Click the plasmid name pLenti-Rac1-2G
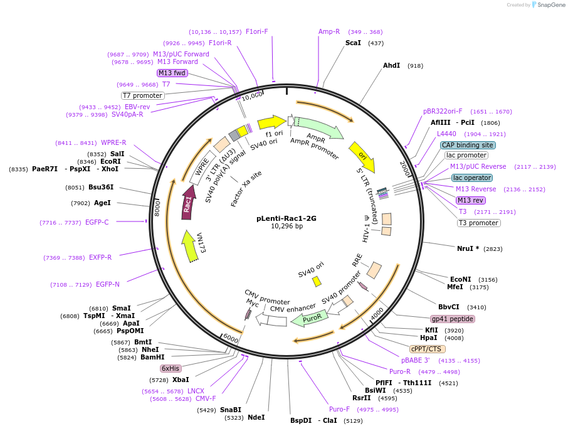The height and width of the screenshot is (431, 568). (287, 219)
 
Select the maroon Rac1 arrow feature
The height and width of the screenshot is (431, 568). (187, 203)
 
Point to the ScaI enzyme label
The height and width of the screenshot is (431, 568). (353, 43)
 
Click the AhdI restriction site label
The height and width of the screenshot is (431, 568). (391, 65)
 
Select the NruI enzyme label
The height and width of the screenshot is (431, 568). (468, 248)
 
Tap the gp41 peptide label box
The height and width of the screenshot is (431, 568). (453, 319)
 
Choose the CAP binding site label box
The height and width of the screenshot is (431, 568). (468, 145)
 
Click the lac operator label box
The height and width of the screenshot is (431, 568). (472, 178)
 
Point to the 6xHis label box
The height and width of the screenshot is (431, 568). (171, 368)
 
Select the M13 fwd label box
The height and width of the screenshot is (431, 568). (172, 73)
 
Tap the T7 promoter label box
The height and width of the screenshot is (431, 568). (143, 95)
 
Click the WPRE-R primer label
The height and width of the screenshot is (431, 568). (113, 142)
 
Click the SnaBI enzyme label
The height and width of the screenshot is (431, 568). (230, 410)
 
